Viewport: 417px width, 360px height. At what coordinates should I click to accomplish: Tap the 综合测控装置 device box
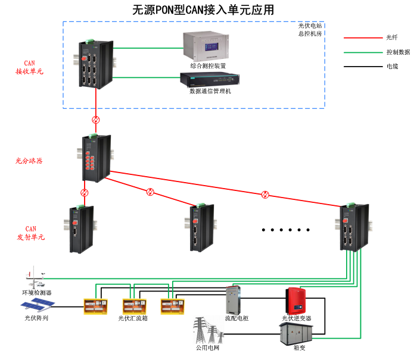[208, 46]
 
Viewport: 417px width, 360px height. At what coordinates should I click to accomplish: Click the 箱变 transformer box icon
[296, 336]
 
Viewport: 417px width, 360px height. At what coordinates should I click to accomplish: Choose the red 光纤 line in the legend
[358, 37]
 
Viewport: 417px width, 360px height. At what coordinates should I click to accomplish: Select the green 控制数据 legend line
[358, 52]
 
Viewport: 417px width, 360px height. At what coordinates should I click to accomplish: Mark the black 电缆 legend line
[358, 66]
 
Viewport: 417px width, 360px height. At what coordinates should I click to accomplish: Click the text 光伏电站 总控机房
[310, 30]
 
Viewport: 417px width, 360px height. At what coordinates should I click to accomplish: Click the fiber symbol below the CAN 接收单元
[95, 120]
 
